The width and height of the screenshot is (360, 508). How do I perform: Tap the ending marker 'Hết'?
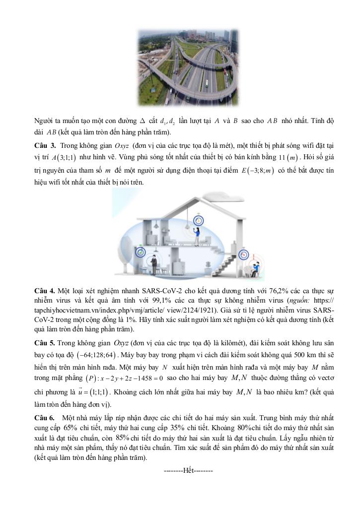(188, 469)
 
